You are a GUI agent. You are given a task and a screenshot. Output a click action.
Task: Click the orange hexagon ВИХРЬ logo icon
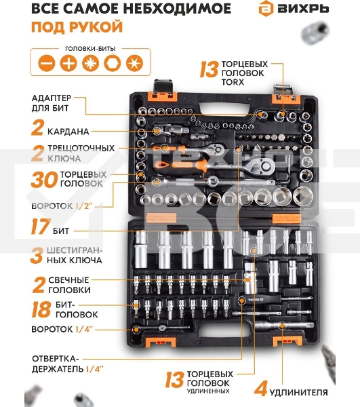point(266,9)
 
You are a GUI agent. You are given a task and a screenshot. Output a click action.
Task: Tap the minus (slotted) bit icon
point(47,63)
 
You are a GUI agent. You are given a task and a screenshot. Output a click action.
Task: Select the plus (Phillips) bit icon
point(68,63)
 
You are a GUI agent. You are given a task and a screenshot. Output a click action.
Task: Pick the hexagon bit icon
point(113,63)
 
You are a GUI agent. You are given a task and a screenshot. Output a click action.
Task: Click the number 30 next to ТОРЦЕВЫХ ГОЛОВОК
point(44,180)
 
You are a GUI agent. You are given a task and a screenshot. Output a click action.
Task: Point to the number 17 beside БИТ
point(41,227)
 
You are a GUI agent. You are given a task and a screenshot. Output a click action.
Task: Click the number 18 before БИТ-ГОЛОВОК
point(41,309)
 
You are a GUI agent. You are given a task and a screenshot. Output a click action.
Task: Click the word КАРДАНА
point(68,132)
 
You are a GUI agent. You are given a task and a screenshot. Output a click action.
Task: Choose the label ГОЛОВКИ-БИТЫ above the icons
point(90,49)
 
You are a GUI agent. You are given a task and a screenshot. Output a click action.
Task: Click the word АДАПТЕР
point(52,98)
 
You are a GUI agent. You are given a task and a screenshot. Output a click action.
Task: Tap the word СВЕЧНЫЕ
point(68,280)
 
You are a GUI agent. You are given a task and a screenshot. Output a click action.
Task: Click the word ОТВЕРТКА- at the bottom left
point(55,359)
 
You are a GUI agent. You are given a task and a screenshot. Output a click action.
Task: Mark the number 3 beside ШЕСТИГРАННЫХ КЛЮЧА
point(37,256)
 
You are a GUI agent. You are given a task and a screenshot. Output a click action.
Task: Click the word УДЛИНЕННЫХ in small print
point(208,391)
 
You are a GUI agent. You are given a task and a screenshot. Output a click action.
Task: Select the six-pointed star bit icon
point(134,63)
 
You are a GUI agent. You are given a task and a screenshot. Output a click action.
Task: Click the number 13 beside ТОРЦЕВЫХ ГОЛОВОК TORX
point(209,70)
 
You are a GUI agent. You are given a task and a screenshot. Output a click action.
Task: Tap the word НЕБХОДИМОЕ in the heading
point(177,9)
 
